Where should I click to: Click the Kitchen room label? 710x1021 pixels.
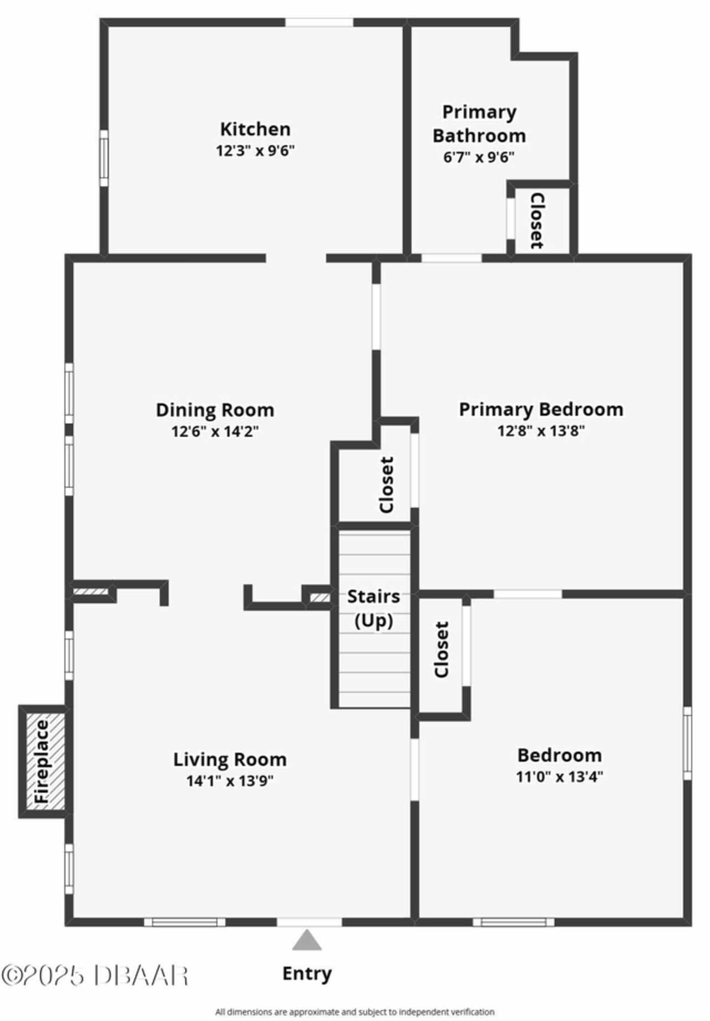[x=255, y=129]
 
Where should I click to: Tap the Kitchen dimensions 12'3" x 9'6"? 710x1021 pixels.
[x=255, y=151]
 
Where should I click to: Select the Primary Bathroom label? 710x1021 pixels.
[x=479, y=124]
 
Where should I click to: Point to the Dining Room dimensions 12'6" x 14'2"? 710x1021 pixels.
[x=215, y=431]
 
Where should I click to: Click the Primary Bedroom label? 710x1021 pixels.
[x=541, y=410]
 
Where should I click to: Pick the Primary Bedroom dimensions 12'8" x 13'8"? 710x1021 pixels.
[x=541, y=431]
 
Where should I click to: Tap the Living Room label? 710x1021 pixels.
[x=230, y=759]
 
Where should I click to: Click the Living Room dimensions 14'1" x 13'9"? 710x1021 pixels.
[x=230, y=781]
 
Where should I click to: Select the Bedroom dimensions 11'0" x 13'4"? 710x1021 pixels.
[x=560, y=777]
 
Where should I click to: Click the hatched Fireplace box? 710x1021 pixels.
[x=43, y=762]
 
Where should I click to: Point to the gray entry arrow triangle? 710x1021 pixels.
[x=307, y=941]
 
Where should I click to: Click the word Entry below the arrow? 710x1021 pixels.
[x=307, y=973]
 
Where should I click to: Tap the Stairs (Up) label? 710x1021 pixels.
[x=374, y=608]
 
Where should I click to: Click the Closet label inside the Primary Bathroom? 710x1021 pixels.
[x=537, y=221]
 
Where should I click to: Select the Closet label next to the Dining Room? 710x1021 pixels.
[x=387, y=484]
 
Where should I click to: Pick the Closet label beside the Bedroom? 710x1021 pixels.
[x=442, y=650]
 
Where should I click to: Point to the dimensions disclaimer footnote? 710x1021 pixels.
[x=355, y=1012]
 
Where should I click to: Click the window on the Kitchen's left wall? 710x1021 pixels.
[x=104, y=159]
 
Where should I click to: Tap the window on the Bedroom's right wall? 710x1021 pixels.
[x=688, y=743]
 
